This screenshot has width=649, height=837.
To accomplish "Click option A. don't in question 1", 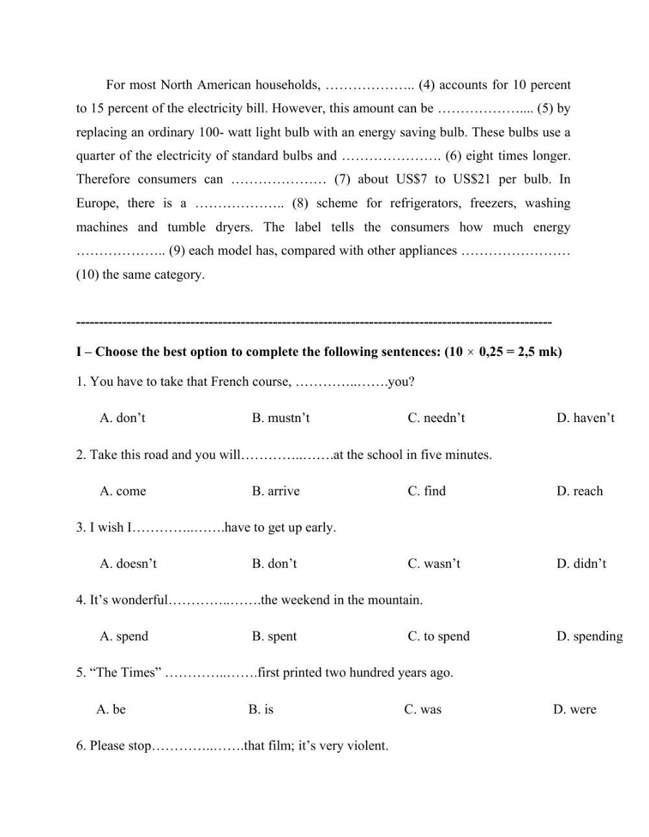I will click(123, 418).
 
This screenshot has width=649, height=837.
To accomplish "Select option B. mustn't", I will click(280, 418).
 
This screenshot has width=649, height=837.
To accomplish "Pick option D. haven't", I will click(585, 418).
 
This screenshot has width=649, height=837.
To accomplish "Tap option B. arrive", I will click(276, 491).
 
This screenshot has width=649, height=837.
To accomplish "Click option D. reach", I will click(580, 491).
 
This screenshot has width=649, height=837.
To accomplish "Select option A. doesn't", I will click(129, 563).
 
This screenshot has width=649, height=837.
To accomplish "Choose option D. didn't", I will click(582, 563).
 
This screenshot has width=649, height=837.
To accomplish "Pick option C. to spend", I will click(439, 636).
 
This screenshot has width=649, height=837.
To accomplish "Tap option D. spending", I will click(589, 636).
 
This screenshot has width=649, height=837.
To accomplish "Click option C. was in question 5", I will click(422, 709).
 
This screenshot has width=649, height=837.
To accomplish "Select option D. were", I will click(574, 709).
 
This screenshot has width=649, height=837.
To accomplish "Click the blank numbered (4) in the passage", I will click(370, 86).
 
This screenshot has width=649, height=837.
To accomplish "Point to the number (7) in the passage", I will click(342, 180).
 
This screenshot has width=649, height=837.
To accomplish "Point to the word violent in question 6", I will click(367, 746).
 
